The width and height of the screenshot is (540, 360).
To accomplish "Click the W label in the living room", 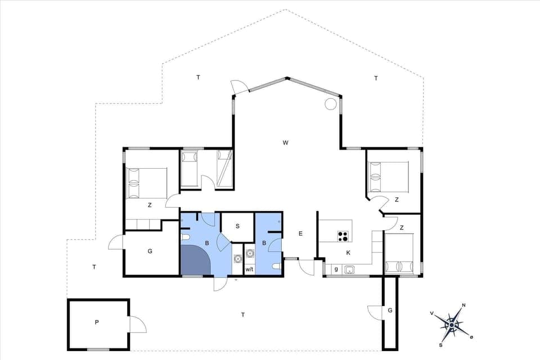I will click(286, 143).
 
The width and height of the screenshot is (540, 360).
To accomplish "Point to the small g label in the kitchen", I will click(336, 269).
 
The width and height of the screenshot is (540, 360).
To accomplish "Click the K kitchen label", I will click(348, 253).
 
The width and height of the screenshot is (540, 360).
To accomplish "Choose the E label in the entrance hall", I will click(300, 233).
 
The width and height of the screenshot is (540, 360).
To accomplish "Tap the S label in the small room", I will click(237, 226).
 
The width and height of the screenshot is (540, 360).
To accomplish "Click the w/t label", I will click(249, 270).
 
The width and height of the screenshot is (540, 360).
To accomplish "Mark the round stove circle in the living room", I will click(330, 104).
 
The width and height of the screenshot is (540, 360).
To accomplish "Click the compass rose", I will click(452, 325).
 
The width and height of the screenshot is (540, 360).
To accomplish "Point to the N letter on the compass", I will click(463, 305).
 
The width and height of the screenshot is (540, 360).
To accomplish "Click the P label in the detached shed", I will click(97, 322).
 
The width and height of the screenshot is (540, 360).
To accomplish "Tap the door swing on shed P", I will click(137, 325).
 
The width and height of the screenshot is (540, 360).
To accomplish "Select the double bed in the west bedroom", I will click(146, 183).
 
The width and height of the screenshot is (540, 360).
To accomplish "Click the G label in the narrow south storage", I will click(390, 310).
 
